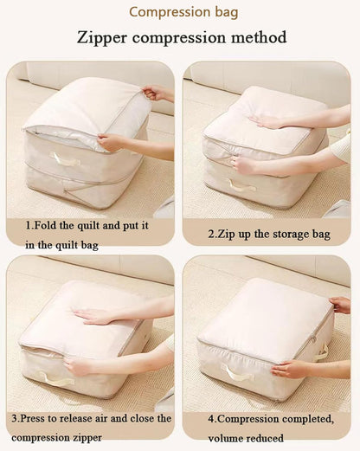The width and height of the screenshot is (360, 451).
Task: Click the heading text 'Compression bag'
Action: click(180, 12)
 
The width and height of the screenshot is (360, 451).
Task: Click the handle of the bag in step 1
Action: click(65, 159)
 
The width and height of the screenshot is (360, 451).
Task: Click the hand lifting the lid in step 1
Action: click(157, 92)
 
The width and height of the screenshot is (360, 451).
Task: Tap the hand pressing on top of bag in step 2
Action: click(265, 122)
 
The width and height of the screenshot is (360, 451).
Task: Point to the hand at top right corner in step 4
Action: click(340, 305)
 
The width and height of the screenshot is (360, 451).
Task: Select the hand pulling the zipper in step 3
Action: click(79, 366)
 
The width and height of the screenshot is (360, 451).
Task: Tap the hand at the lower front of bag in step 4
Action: click(290, 368)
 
